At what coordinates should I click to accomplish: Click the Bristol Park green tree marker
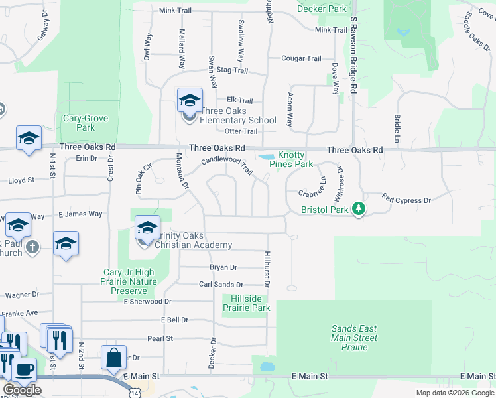359,209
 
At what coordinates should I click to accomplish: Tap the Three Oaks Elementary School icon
190,101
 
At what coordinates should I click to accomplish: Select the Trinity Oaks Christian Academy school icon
147,229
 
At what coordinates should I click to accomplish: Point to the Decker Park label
322,9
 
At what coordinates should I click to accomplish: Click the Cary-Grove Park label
86,123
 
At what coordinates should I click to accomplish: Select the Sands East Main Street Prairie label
354,338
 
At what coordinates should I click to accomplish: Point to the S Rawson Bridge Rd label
354,56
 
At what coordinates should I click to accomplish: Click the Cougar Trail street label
302,59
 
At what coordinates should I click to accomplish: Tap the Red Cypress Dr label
406,200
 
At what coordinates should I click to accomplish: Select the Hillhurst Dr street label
267,269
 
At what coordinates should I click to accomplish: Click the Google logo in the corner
22,390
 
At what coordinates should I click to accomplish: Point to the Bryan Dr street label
223,267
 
